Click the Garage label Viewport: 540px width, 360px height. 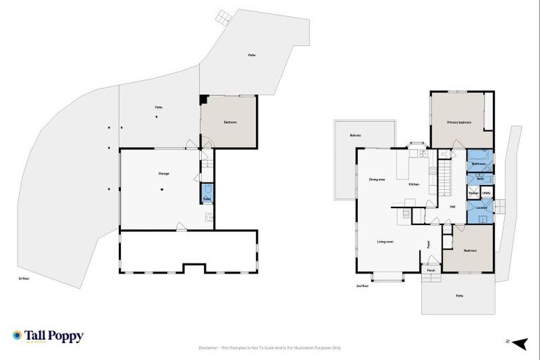(x=163, y=174)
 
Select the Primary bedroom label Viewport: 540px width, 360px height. (x=459, y=122)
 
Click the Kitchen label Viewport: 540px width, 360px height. (x=416, y=185)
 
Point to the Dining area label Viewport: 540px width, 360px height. (x=377, y=179)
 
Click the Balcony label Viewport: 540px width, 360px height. (x=356, y=136)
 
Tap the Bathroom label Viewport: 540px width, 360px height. (x=479, y=164)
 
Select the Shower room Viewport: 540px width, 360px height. (x=473, y=193)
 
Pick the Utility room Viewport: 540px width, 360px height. (x=487, y=193)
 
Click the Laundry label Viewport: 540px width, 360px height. (x=481, y=207)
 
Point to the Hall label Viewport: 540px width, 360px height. (x=452, y=206)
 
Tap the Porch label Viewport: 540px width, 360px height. (x=431, y=270)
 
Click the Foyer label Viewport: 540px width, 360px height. (x=428, y=245)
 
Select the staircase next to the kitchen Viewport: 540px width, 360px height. (x=445, y=180)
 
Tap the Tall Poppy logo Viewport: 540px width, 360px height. (x=48, y=336)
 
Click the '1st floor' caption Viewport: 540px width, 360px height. (x=24, y=279)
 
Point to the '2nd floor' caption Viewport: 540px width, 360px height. (x=362, y=286)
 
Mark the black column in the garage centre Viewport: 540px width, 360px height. (x=161, y=188)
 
